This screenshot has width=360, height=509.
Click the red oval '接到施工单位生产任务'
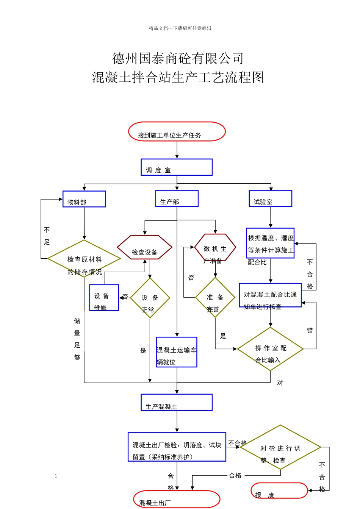click(x=177, y=131)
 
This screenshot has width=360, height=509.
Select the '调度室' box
click(x=177, y=167)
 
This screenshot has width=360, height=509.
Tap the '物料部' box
click(x=84, y=199)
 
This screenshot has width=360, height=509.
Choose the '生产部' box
click(x=177, y=198)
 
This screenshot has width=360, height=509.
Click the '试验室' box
click(x=270, y=198)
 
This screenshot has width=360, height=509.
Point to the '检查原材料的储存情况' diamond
click(x=84, y=259)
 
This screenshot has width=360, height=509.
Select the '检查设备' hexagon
click(x=144, y=248)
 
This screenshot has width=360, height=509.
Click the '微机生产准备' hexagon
click(x=215, y=247)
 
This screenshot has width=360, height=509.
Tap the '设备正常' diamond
click(x=150, y=298)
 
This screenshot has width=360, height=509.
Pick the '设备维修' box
click(x=104, y=298)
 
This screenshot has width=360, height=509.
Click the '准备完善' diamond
click(x=215, y=297)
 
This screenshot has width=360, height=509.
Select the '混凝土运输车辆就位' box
click(x=177, y=352)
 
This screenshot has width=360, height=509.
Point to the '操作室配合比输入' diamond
click(x=270, y=349)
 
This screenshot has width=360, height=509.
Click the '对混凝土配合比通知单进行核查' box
click(x=270, y=295)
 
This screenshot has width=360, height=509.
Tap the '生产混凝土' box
click(x=177, y=402)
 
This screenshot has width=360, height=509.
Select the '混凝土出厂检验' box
click(x=177, y=447)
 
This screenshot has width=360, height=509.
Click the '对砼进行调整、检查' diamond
click(x=280, y=447)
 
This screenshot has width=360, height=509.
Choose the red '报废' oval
click(x=279, y=490)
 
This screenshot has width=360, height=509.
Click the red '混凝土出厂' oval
click(x=177, y=499)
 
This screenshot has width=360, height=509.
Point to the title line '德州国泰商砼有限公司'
click(x=178, y=58)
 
